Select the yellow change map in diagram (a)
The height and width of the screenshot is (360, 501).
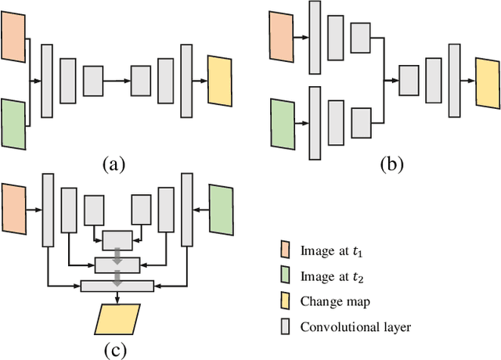[x=220, y=81]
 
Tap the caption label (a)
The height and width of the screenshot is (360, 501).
[x=114, y=164]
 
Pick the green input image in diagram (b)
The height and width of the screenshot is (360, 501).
[x=280, y=124]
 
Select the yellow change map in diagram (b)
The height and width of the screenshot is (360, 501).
[x=486, y=81]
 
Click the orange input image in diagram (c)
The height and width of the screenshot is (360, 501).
[x=13, y=210]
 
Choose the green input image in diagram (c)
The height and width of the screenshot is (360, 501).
[x=222, y=210]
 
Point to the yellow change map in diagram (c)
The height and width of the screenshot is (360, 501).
[x=117, y=319]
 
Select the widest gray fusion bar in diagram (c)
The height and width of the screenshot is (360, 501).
[x=117, y=286]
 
